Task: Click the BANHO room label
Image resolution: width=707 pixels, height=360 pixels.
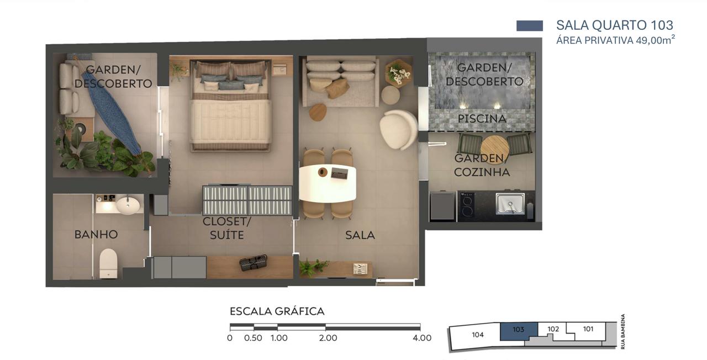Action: coord(96,235)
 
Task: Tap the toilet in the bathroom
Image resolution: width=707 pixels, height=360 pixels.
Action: coord(108,263)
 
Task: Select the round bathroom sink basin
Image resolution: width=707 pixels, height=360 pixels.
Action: coord(128,205)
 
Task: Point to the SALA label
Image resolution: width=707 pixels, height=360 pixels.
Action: coord(360,235)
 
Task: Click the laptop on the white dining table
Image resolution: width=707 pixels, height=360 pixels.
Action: coord(340,173)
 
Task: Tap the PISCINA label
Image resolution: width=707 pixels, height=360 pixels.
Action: coord(482,119)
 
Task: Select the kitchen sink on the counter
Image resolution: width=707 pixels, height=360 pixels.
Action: coord(510,204)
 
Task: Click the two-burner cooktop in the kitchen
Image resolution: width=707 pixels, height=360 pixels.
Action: coord(466,205)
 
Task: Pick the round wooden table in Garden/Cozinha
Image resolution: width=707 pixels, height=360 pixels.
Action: coord(494,149)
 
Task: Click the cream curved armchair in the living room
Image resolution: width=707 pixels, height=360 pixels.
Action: coord(398,129)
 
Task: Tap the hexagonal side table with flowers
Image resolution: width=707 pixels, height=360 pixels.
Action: coord(398,72)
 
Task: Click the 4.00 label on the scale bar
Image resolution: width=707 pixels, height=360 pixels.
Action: coord(422,338)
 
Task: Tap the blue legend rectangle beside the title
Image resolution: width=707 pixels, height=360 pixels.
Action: coord(530,25)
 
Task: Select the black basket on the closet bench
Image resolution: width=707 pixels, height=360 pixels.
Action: coord(253,263)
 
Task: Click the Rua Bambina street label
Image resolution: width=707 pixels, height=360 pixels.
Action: coord(622,331)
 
